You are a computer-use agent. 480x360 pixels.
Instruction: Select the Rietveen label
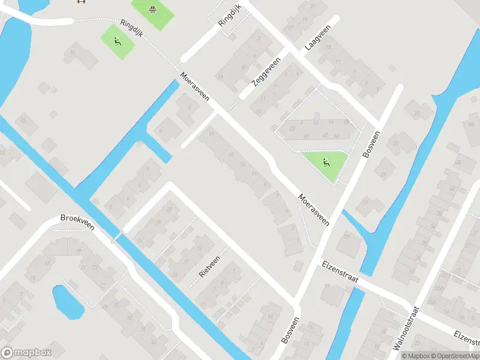[209, 265]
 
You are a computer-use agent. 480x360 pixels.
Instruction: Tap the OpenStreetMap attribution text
[455, 356]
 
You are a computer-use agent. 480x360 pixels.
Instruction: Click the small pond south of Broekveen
[67, 302]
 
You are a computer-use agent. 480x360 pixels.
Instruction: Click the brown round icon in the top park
[152, 8]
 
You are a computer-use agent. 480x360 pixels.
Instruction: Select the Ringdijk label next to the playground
[131, 28]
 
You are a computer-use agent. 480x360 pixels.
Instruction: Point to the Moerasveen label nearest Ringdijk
[194, 86]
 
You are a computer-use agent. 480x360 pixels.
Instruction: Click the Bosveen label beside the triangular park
[372, 144]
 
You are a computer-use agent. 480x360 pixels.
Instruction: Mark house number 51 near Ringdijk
[74, 52]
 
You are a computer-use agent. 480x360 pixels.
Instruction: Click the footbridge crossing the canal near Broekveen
[117, 236]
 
